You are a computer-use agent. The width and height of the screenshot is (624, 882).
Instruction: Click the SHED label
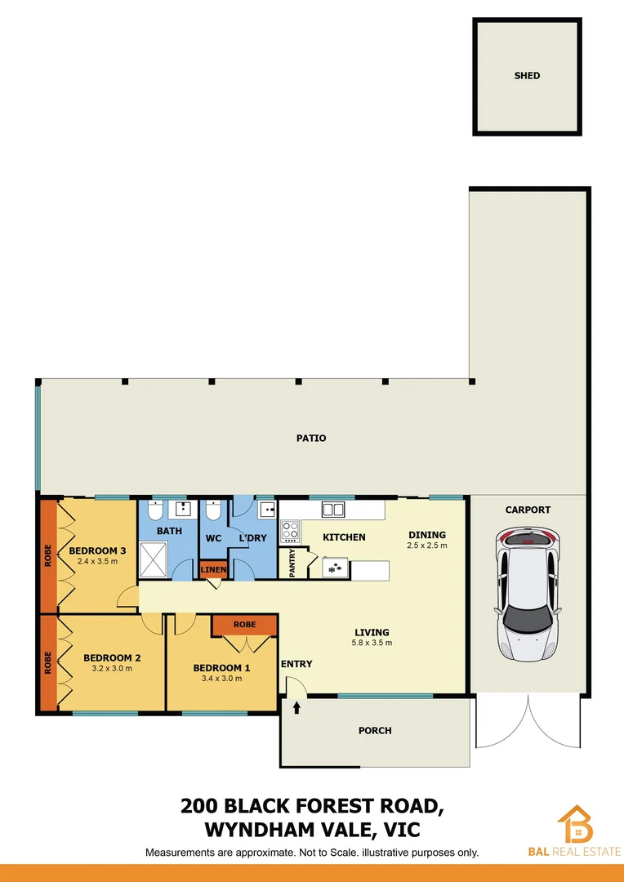pos(527,76)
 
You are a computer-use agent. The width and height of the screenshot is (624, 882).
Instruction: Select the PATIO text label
pos(311,439)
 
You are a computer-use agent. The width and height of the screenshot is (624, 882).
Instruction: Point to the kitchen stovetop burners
pos(291,532)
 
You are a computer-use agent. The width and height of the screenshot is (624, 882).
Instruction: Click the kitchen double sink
pos(332,510)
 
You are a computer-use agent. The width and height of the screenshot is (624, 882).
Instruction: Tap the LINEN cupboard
pos(213,569)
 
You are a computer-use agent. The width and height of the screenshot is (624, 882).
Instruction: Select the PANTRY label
pos(292,563)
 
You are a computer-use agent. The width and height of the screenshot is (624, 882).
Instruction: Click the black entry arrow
pos(296,706)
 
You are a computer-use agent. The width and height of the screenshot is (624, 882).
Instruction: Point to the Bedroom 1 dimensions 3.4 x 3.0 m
pos(221,679)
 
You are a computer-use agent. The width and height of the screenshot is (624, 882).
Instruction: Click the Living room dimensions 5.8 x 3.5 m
pos(372,643)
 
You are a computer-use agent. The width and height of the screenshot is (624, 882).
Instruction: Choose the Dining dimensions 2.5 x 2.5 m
pos(427,546)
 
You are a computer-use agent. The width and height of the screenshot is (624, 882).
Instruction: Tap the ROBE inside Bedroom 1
pos(244,625)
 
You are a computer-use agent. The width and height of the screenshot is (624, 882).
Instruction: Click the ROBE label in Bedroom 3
pos(48,555)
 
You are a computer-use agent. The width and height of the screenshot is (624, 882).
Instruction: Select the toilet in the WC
pos(214,512)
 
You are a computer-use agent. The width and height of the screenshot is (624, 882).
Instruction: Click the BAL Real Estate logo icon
pos(575,824)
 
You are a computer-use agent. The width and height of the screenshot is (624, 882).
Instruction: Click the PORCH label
pos(375,731)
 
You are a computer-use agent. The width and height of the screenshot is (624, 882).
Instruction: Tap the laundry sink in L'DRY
pos(266,510)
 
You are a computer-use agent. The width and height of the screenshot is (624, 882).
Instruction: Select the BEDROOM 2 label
pos(113,657)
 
